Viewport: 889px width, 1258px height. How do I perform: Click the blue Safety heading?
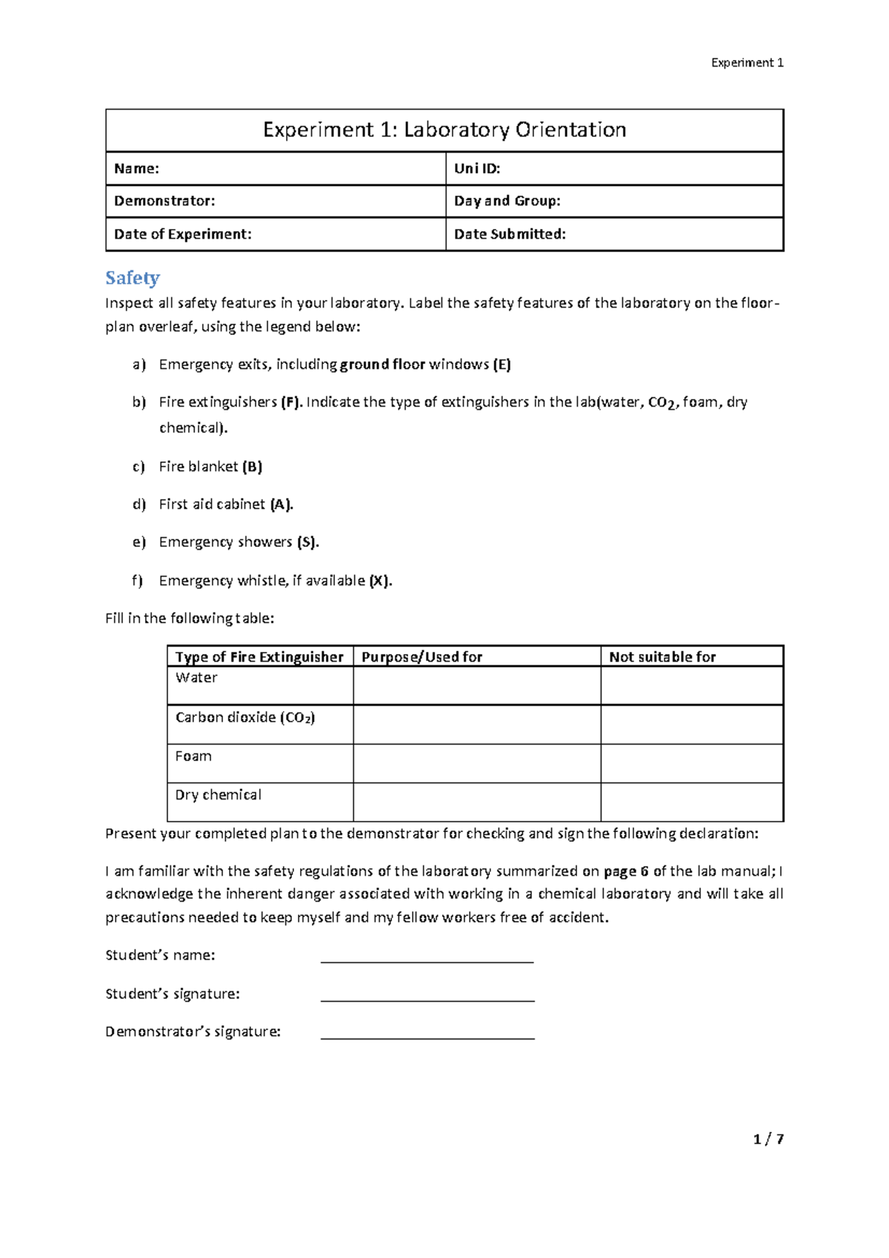[x=133, y=278]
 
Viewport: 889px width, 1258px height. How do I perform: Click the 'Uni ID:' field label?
[x=477, y=169]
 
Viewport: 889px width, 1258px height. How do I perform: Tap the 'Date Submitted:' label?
[x=510, y=234]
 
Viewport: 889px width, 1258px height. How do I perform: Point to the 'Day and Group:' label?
[x=507, y=201]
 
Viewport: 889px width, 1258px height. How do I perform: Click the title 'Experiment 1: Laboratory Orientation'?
[x=444, y=130]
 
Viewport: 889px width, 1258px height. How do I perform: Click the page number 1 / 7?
[x=768, y=1139]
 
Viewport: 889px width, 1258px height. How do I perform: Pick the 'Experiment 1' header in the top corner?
[x=747, y=63]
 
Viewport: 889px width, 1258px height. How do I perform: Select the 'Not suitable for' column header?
[x=662, y=656]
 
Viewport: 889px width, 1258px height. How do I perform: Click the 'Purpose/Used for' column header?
[x=422, y=656]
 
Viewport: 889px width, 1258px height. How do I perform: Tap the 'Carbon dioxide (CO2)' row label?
[x=244, y=717]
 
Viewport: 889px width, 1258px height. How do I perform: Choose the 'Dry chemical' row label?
[x=218, y=795]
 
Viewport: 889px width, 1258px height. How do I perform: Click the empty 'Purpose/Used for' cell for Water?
[x=476, y=685]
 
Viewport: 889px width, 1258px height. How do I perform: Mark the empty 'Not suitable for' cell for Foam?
[x=691, y=763]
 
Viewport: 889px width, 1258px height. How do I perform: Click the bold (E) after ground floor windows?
[x=502, y=365]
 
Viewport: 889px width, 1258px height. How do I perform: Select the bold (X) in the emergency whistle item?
[x=379, y=581]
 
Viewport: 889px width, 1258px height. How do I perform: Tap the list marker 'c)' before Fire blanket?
[x=139, y=467]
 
